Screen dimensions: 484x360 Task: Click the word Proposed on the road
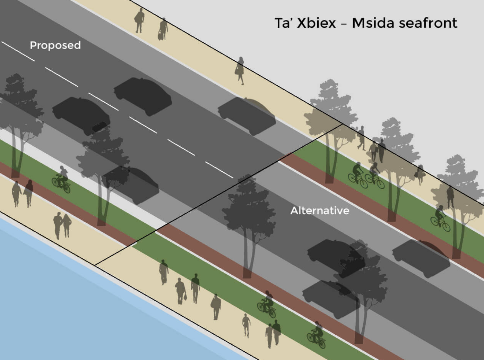tap(55, 46)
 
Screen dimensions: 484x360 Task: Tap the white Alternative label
tap(320, 211)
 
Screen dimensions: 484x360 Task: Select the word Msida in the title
tap(373, 23)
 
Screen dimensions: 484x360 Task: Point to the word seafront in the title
tap(428, 23)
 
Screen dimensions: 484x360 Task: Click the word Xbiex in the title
tap(316, 23)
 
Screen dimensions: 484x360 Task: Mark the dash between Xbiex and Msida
tap(344, 24)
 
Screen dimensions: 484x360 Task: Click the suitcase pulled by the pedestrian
tap(161, 36)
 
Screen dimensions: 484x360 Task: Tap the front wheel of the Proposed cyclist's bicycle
tap(66, 189)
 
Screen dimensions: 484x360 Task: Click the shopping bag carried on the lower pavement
tap(185, 297)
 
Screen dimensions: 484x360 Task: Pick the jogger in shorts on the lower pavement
tap(246, 326)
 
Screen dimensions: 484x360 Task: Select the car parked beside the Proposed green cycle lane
tap(131, 185)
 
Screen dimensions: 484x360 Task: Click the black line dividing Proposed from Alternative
tap(218, 195)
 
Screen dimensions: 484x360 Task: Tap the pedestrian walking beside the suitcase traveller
tap(139, 20)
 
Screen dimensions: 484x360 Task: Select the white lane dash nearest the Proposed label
tap(61, 77)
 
